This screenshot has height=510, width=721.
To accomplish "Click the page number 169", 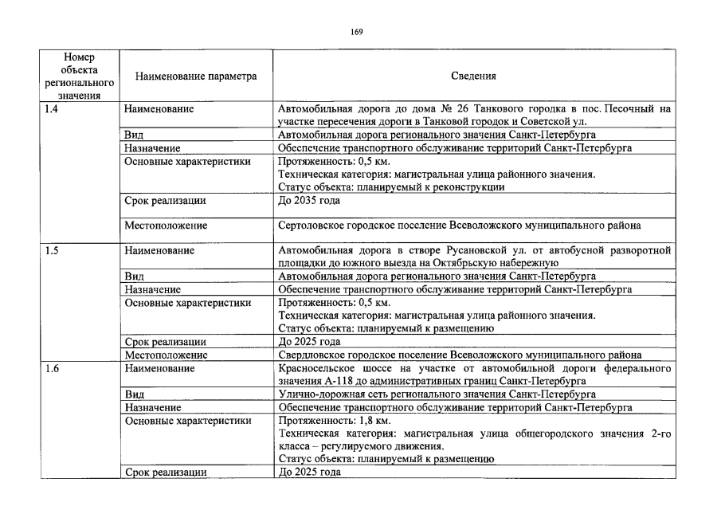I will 356,31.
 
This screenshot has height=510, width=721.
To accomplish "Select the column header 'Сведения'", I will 473,76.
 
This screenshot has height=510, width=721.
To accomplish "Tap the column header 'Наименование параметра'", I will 196,76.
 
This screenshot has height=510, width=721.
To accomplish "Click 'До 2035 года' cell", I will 308,200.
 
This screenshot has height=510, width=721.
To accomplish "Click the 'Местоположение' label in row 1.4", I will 166,226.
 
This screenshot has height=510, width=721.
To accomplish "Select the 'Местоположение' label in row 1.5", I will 166,355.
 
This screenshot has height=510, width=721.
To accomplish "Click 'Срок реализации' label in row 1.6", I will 166,472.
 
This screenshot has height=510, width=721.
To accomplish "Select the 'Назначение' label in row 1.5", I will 152,289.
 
